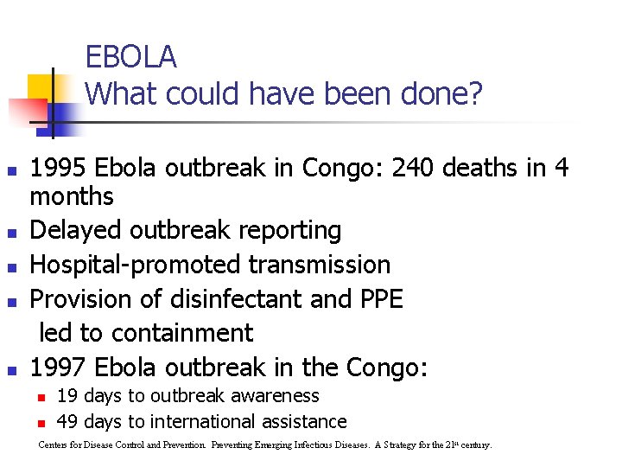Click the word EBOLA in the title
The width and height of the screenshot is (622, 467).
[x=130, y=57]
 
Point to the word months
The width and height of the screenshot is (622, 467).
[x=72, y=197]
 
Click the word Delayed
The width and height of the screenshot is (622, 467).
[x=77, y=230]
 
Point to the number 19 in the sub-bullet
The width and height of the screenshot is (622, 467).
[x=67, y=396]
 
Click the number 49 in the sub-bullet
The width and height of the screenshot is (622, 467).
[x=67, y=422]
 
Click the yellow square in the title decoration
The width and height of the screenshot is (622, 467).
[x=41, y=87]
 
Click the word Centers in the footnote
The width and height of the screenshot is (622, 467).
[x=54, y=445]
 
